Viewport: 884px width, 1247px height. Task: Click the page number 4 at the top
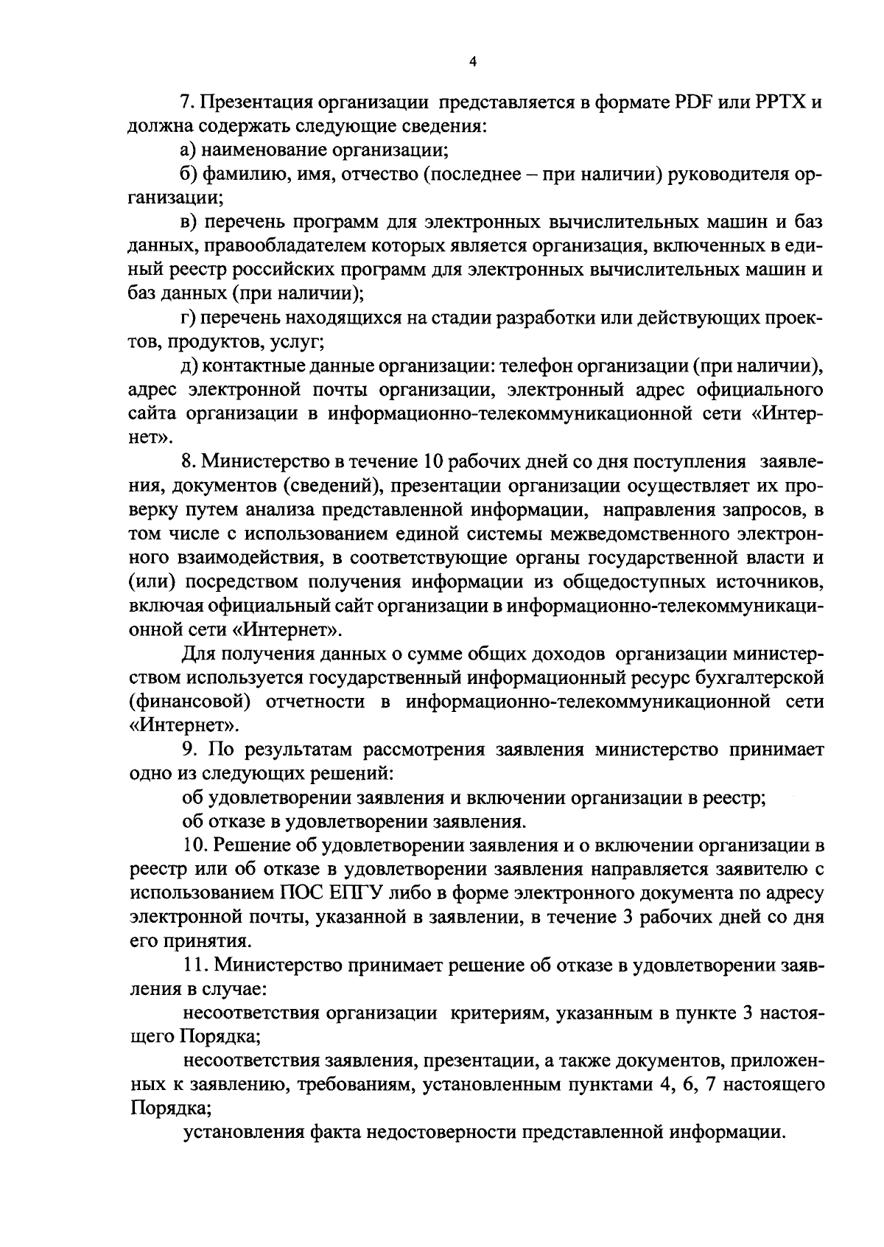(473, 63)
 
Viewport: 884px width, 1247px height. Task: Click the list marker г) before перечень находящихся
(189, 318)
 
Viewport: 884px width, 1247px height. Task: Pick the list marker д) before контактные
(190, 366)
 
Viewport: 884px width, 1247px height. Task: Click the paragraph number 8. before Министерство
(189, 462)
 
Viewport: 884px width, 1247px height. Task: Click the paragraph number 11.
(193, 965)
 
